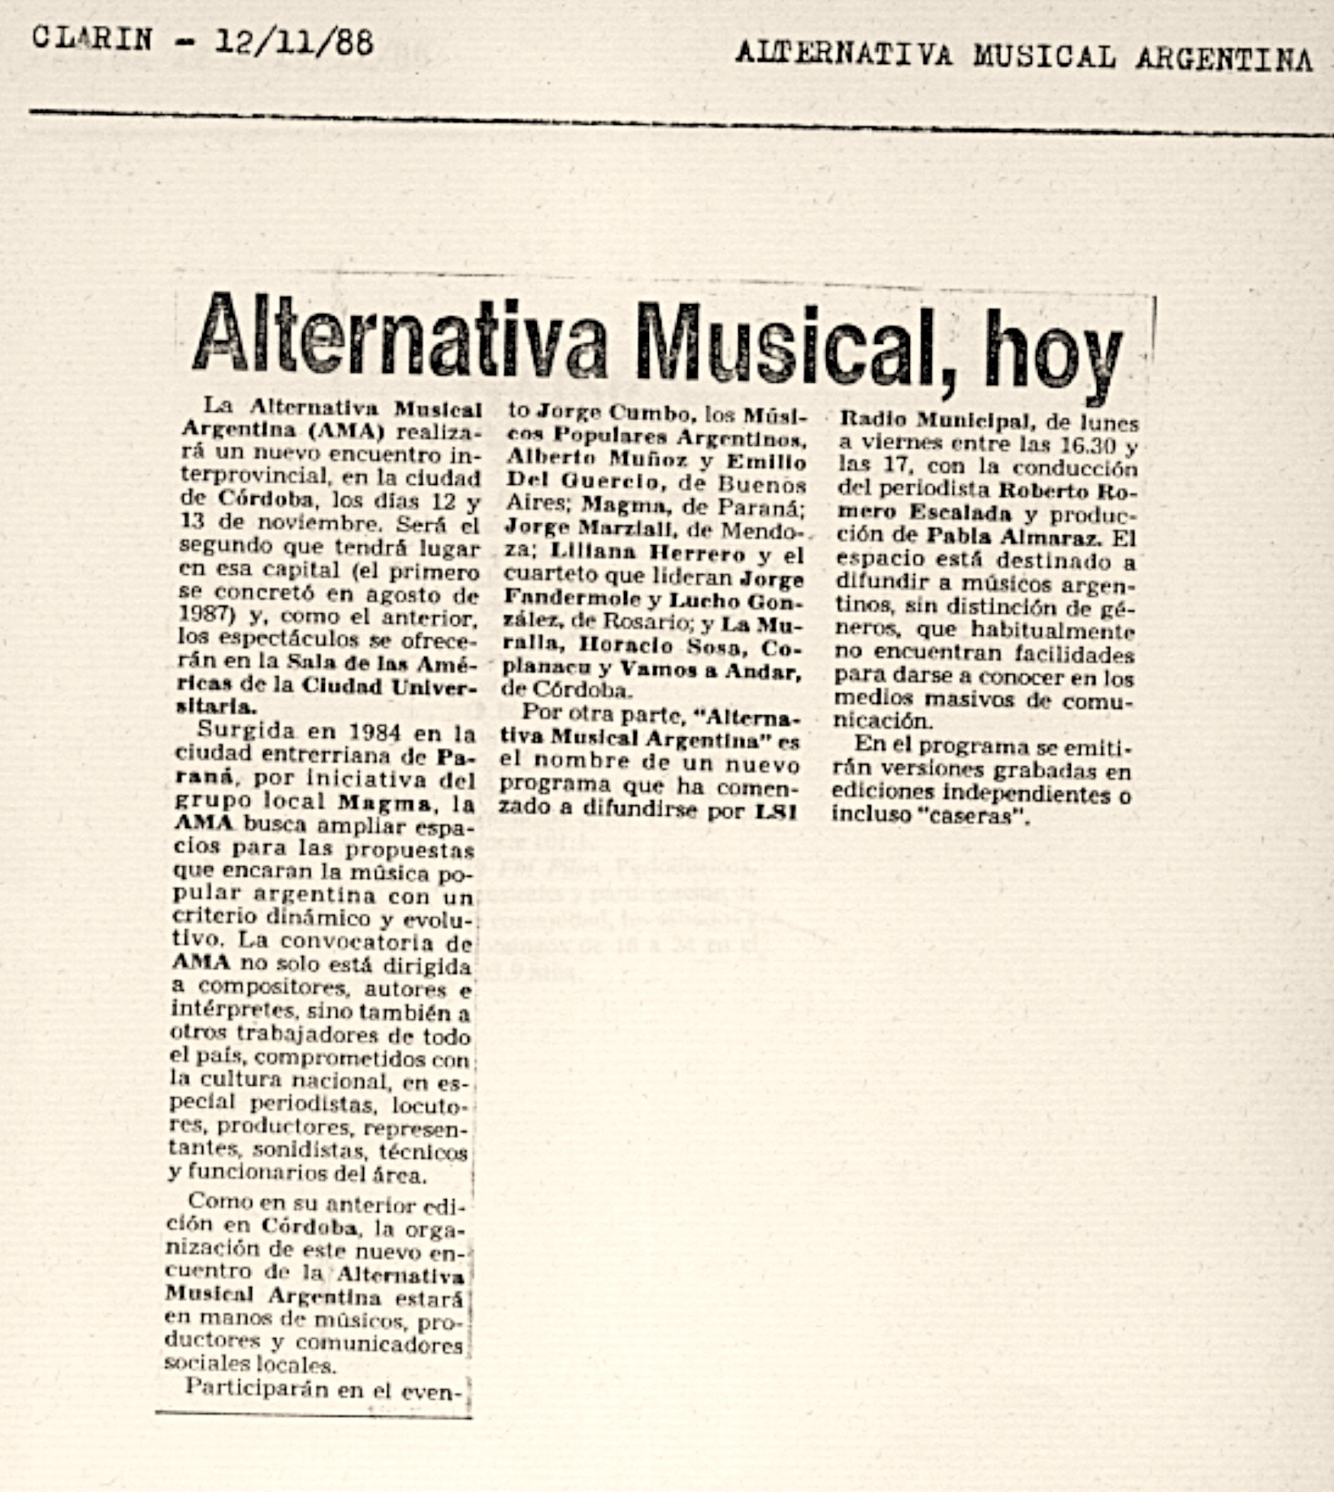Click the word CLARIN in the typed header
92,38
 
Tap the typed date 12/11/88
294,41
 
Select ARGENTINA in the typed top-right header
1223,58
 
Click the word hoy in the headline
1054,354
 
